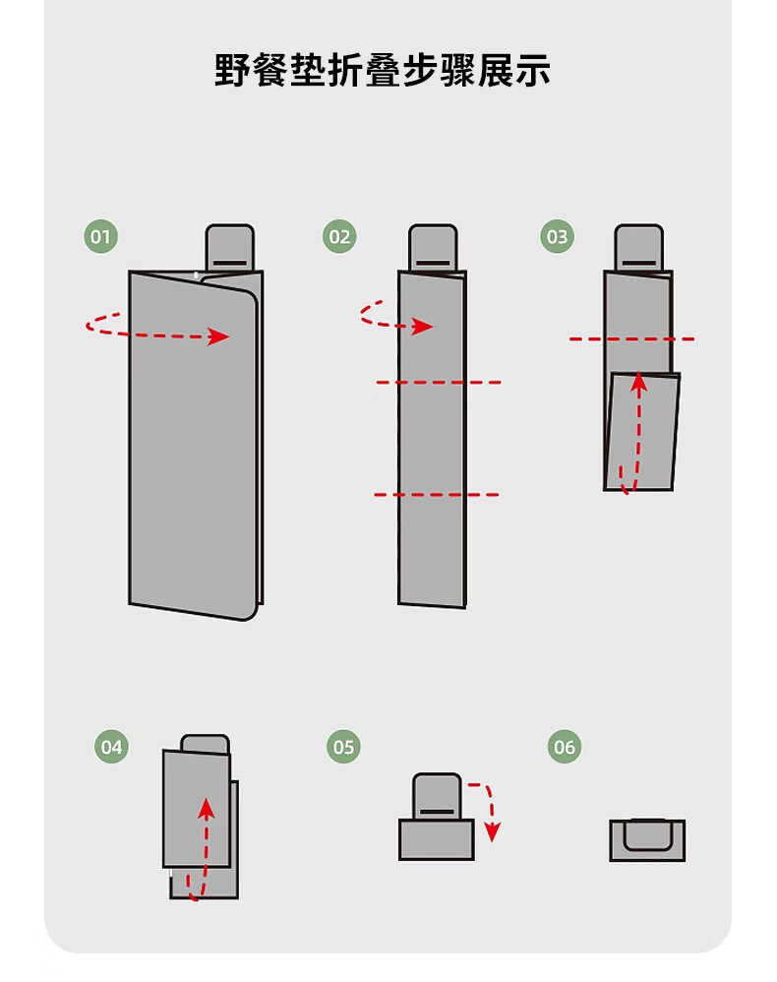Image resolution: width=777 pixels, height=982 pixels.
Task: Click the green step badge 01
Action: coord(100,237)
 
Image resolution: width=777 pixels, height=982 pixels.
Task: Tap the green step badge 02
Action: coord(339,237)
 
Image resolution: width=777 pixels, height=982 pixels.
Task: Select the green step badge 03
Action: coord(558,237)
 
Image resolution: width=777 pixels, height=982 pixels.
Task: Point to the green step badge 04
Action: coord(111,747)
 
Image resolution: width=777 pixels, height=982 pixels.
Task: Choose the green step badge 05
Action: coord(343,747)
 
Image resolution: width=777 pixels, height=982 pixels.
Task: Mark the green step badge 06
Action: coord(565,747)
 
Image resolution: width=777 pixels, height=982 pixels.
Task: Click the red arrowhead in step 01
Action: coord(218,337)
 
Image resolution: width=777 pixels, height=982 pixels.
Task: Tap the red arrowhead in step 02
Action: coord(423,327)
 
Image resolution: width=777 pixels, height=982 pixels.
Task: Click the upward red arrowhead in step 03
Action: coord(638,383)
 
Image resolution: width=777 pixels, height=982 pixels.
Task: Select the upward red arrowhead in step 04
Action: coord(206,809)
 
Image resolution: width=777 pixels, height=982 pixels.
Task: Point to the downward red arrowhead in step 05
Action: coord(493,832)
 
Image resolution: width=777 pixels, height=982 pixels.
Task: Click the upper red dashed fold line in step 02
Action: coord(439,382)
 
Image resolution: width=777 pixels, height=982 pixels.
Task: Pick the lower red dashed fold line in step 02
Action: coord(437,495)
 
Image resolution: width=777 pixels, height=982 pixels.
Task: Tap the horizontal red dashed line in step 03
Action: coord(631,338)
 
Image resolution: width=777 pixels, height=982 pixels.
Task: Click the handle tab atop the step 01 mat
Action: coord(230,248)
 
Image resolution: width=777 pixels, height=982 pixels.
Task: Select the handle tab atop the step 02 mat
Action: coord(434,248)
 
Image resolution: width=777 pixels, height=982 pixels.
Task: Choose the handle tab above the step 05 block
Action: coord(437,797)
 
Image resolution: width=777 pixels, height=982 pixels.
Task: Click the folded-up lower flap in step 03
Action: coord(642,432)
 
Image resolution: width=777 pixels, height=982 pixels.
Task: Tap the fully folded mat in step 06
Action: coord(647,840)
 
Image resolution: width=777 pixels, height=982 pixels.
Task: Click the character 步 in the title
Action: coord(420,70)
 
